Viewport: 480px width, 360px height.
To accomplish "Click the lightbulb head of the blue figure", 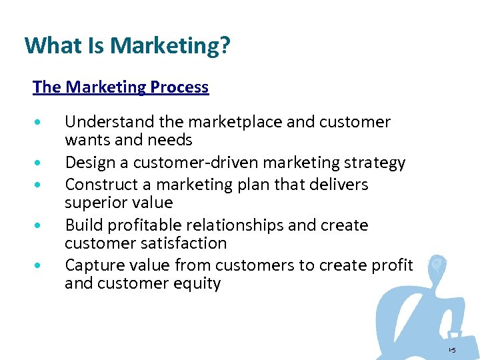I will click(x=438, y=263).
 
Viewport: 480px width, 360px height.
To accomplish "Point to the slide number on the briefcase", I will click(x=452, y=350).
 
